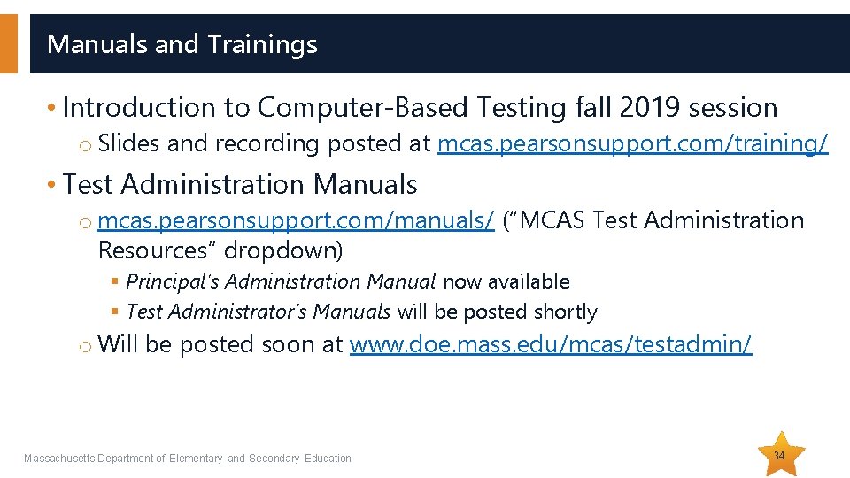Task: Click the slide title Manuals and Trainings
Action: coord(182,43)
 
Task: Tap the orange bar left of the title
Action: coord(8,43)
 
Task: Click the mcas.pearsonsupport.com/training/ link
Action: coord(633,143)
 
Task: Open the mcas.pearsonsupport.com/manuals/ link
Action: coord(296,220)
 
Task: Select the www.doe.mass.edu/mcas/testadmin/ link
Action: coord(551,344)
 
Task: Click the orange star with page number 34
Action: coord(778,455)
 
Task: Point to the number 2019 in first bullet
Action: coord(652,108)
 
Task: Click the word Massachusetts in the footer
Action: coord(59,458)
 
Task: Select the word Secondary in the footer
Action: coord(274,458)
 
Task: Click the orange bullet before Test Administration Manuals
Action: coord(53,185)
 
